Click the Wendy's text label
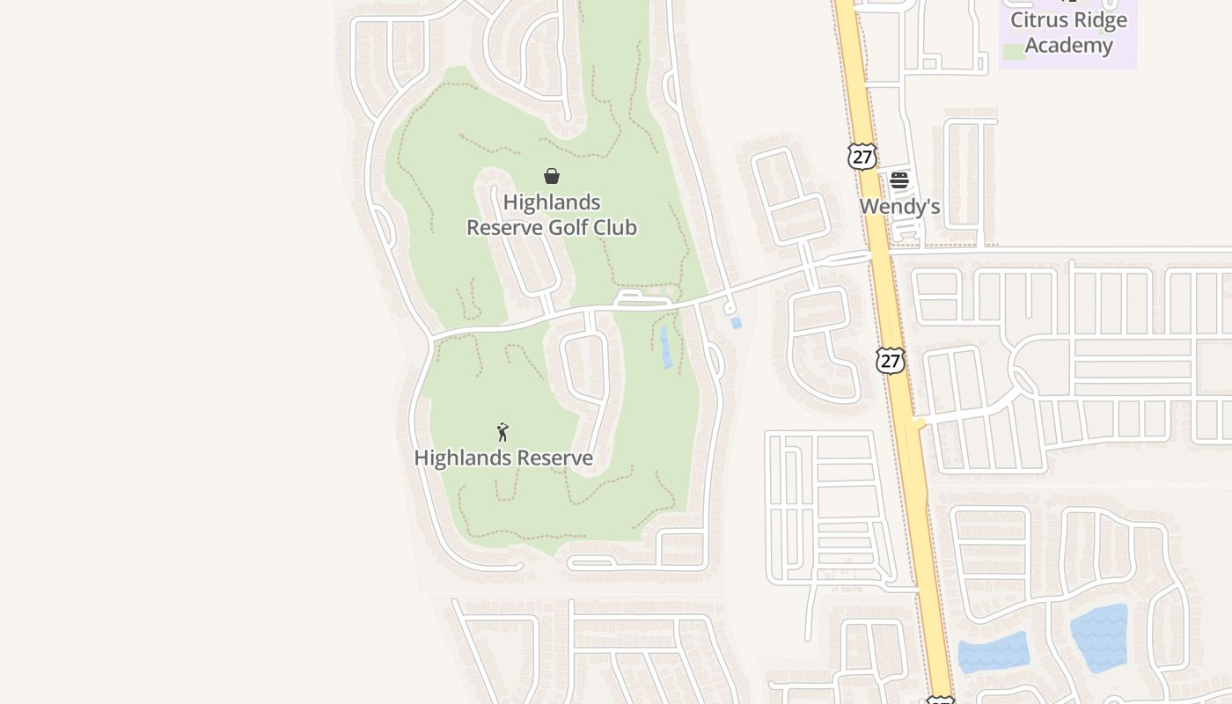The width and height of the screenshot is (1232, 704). tap(899, 207)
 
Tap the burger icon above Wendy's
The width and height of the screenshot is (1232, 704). tap(899, 180)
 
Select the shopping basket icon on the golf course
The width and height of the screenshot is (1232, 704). tap(552, 176)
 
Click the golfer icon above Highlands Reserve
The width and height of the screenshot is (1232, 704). tap(502, 432)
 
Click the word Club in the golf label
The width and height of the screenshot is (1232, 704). tap(615, 228)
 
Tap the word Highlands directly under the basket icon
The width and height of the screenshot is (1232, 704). tap(552, 202)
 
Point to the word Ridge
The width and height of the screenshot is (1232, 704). tap(1102, 20)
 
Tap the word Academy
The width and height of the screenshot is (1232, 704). tap(1068, 45)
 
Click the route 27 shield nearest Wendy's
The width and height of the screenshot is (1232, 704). tap(862, 157)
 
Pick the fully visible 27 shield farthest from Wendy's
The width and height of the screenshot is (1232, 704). tap(891, 360)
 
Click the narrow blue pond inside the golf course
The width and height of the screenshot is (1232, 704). tap(666, 347)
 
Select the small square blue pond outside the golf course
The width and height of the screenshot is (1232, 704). tap(736, 323)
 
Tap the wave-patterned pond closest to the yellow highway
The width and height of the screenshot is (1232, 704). tap(994, 652)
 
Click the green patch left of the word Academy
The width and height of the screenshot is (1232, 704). tap(1014, 51)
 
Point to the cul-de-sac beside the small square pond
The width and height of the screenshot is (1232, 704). tap(730, 308)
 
